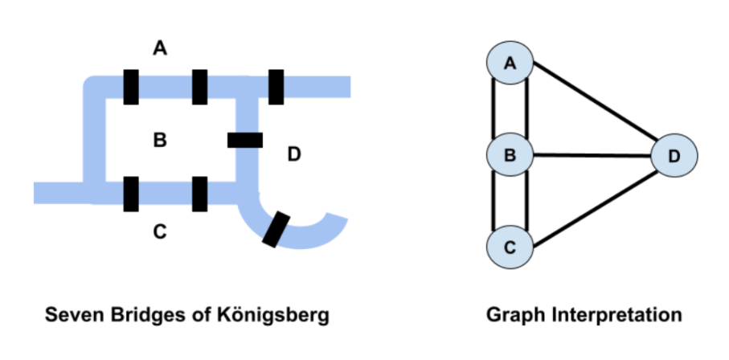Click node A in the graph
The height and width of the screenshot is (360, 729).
[509, 63]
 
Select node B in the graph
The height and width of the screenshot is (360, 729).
[509, 155]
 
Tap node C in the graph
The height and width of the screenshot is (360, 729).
[509, 247]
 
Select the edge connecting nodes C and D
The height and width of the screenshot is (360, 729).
[595, 201]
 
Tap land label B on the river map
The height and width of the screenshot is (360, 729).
[160, 141]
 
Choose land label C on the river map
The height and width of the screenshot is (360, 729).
[160, 233]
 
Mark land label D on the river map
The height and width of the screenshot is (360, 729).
[294, 154]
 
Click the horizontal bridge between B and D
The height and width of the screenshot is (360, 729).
[245, 141]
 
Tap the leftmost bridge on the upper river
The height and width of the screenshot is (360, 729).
[131, 87]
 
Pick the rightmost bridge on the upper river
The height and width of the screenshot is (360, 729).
[276, 87]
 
